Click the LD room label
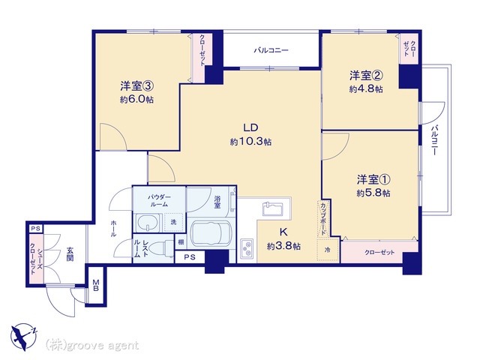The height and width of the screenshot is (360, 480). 250,127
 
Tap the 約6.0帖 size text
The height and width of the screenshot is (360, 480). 136,100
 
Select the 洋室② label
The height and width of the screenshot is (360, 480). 366,75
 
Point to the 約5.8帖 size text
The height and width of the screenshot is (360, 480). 373,193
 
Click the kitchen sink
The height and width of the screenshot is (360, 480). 272,208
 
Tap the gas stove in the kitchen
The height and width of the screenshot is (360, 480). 247,247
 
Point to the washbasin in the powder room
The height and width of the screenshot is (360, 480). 148,223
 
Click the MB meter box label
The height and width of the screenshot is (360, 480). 96,285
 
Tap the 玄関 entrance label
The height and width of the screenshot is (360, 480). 70,254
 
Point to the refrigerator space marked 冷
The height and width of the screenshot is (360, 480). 328,250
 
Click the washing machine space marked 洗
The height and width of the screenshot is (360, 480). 173,222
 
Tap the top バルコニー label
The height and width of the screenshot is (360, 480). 271,50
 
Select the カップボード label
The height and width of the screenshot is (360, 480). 323,218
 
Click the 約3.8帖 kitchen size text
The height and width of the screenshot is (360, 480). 283,246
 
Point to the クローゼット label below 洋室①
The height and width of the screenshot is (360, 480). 379,253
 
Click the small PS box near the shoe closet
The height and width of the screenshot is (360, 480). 36,229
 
